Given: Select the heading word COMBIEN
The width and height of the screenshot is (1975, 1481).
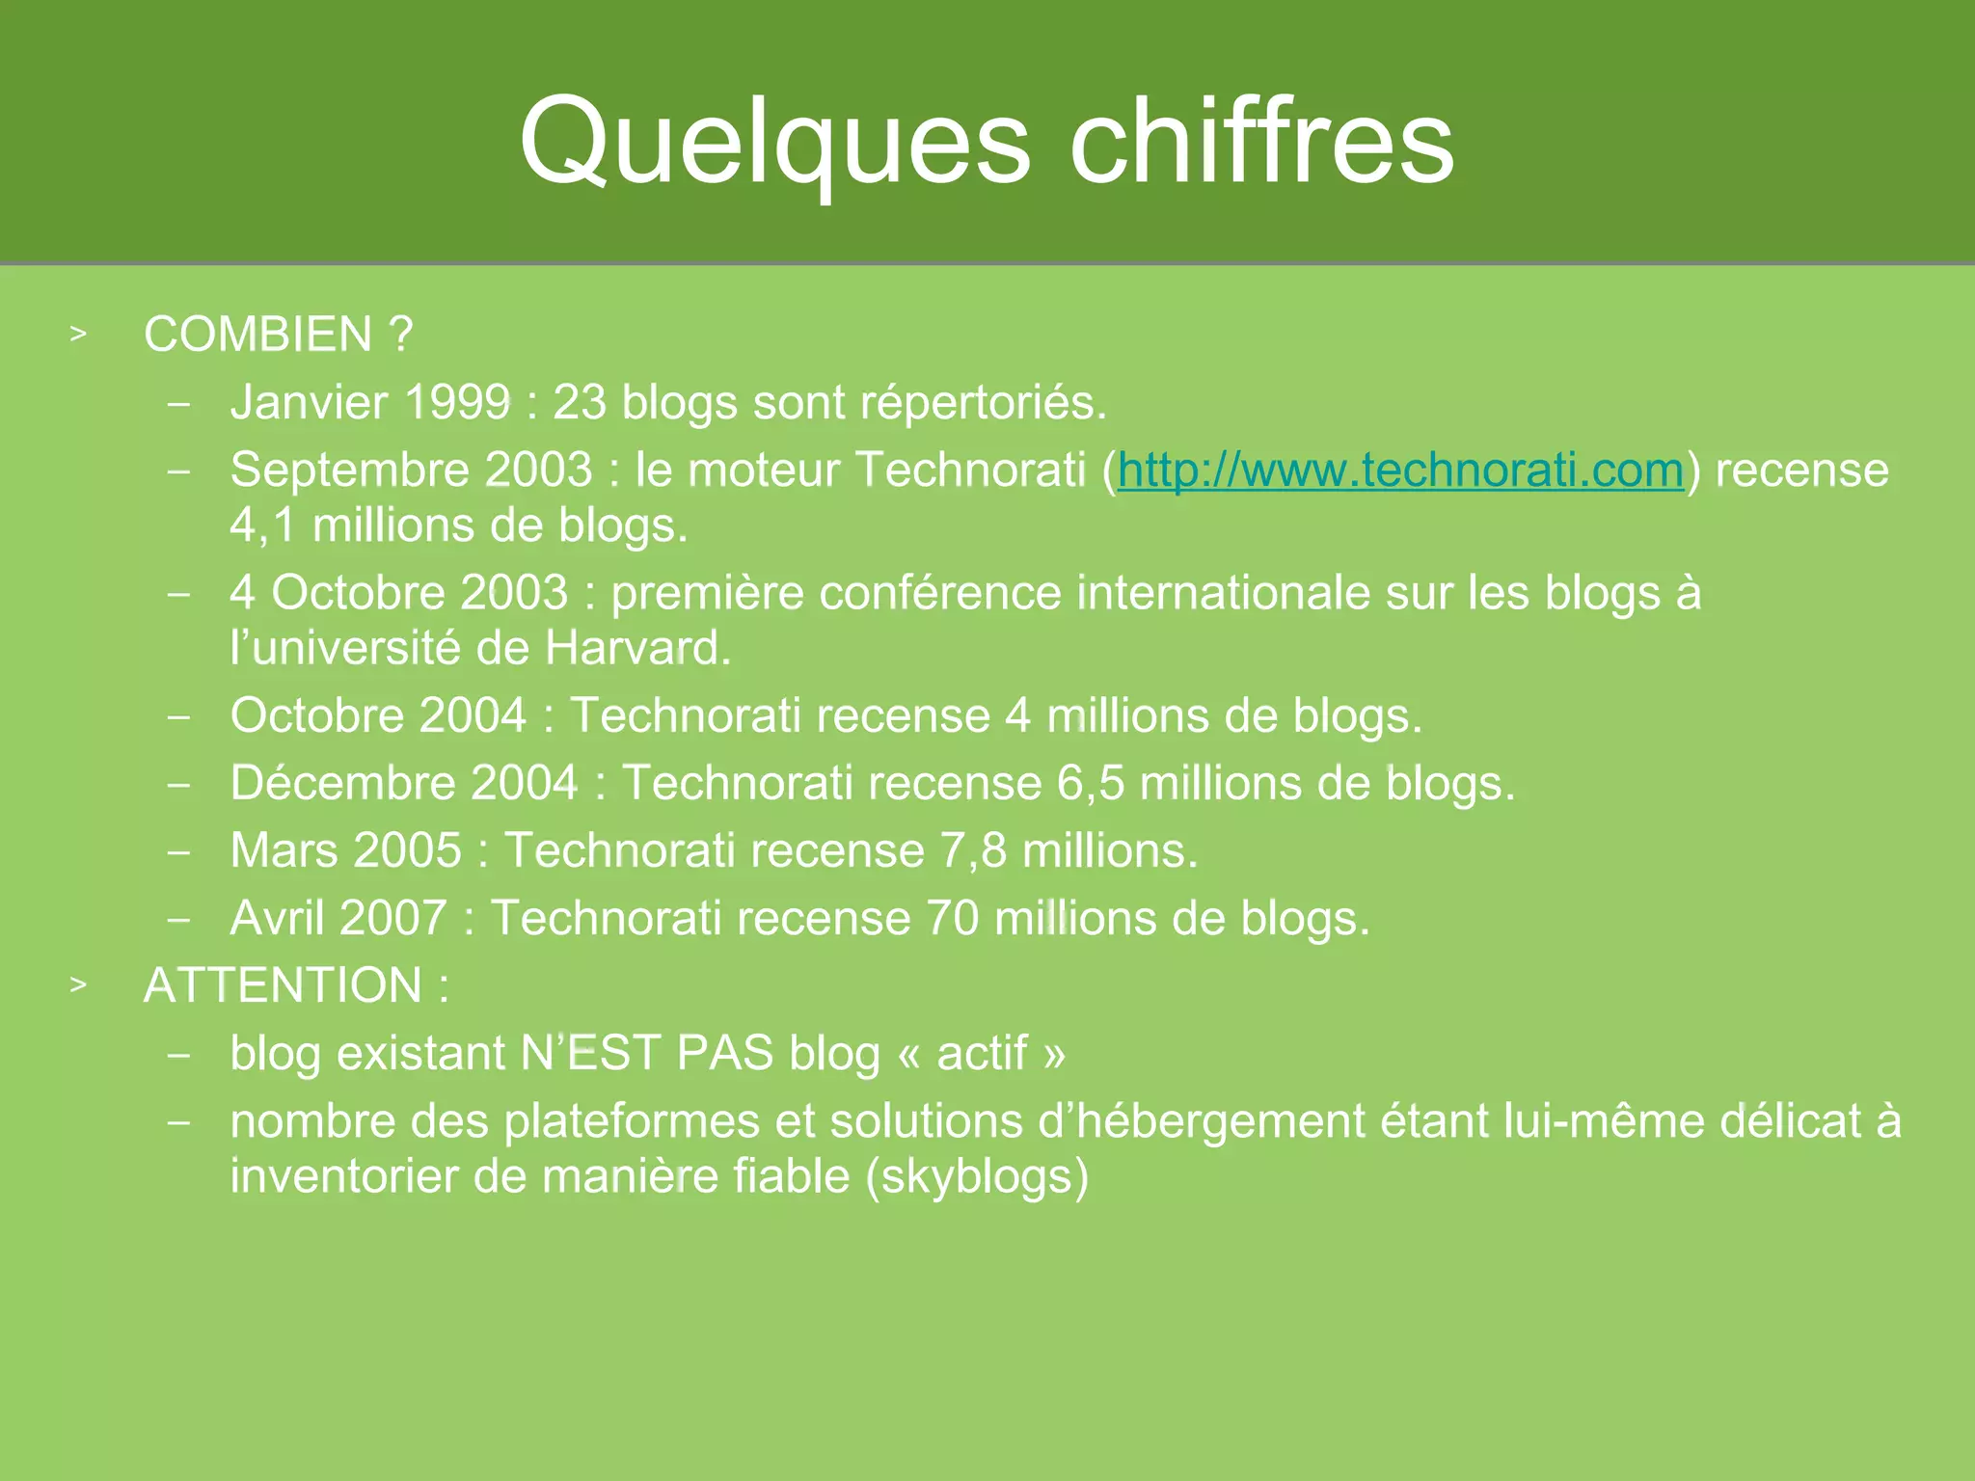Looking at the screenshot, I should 257,335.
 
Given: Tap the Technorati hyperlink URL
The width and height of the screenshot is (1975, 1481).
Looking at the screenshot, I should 1400,471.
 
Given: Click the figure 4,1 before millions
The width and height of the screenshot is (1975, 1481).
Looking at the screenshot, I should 262,526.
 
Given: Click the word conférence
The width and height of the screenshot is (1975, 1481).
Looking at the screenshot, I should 940,592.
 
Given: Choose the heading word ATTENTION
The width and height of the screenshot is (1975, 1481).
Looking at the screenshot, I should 283,985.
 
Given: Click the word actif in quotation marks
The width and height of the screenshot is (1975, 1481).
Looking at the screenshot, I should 982,1053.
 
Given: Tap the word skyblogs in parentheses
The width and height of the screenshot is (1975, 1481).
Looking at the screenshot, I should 976,1177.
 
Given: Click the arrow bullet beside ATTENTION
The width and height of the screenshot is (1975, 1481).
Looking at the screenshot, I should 78,985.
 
